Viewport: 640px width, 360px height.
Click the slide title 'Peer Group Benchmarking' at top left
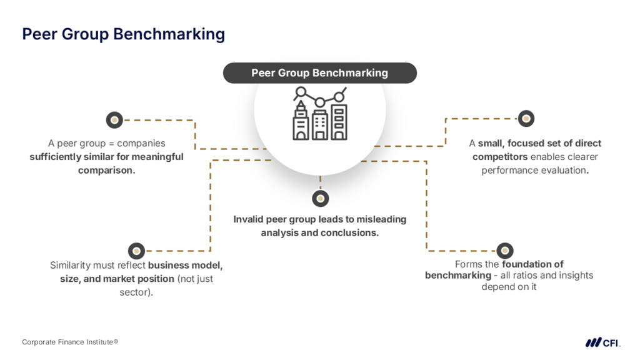(123, 34)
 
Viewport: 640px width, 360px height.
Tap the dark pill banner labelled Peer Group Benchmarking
(319, 73)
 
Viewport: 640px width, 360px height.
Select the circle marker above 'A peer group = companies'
(114, 119)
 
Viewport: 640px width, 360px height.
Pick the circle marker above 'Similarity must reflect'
(136, 251)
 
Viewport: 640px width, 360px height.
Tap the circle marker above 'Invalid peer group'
(320, 199)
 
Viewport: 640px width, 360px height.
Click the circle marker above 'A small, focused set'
(526, 118)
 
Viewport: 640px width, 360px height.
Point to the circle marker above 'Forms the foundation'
(504, 251)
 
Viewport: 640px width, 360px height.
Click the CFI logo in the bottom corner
(602, 342)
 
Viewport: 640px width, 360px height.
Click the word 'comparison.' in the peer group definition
(106, 170)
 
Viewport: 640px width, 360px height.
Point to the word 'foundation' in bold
(532, 264)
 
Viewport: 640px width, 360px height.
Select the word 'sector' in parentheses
(135, 292)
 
